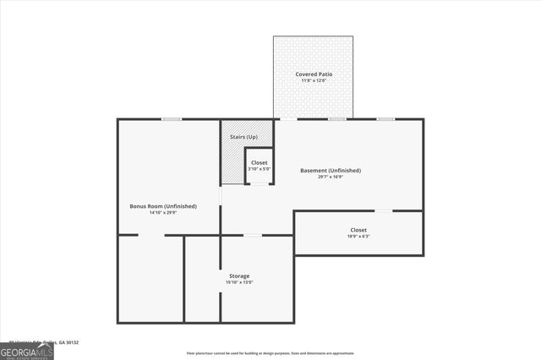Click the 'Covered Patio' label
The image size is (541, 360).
pos(314,74)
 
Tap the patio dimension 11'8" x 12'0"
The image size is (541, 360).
pos(314,81)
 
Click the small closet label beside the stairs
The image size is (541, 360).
pos(259,161)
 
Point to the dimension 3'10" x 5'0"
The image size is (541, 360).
pos(259,168)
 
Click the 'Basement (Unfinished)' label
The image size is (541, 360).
pos(331,171)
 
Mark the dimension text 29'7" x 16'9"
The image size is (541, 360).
pos(331,177)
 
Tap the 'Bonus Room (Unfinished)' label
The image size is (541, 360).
pos(163,206)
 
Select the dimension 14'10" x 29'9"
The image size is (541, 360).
pos(163,213)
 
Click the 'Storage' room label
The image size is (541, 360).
pos(238,275)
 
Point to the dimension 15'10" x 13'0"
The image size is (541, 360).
pos(238,282)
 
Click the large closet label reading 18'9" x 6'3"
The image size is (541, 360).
pos(358,230)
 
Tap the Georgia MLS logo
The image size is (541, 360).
pos(26,351)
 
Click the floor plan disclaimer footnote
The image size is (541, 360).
pos(270,353)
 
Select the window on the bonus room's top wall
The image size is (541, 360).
pos(172,119)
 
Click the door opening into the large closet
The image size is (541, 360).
pos(383,210)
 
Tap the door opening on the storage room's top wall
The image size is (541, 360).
pos(252,235)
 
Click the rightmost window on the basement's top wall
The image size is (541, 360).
pos(386,119)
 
